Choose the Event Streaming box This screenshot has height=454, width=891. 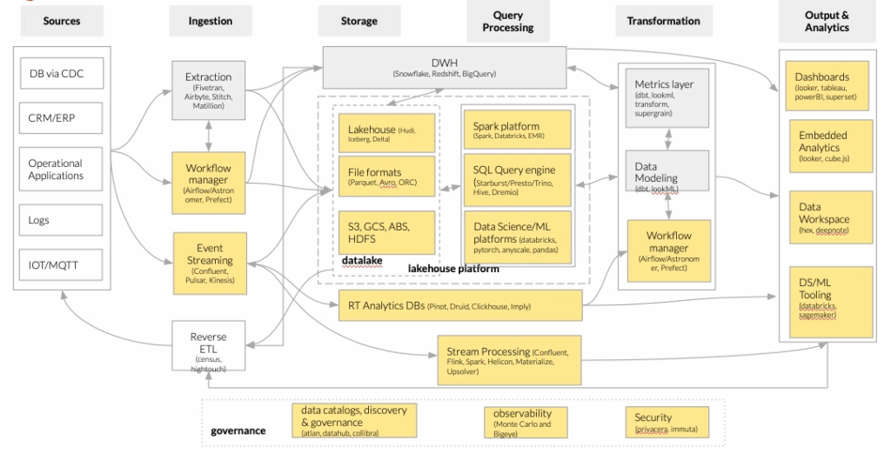pyautogui.click(x=209, y=259)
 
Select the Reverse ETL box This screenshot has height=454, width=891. pyautogui.click(x=209, y=349)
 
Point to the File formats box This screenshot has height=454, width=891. pyautogui.click(x=385, y=177)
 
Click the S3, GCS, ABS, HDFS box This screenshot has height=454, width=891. pyautogui.click(x=385, y=232)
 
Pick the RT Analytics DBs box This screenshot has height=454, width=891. pyautogui.click(x=459, y=305)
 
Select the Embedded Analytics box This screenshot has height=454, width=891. pyautogui.click(x=827, y=145)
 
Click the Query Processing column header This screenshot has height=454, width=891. pyautogui.click(x=508, y=22)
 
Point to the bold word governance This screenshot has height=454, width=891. pyautogui.click(x=238, y=431)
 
